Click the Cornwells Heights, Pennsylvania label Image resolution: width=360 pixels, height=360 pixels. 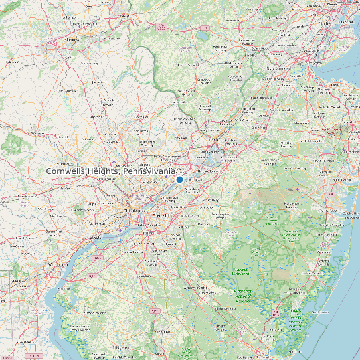[111, 171]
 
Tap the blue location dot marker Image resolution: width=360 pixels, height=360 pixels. [179, 179]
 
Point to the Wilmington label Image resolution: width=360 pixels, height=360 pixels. [58, 264]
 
